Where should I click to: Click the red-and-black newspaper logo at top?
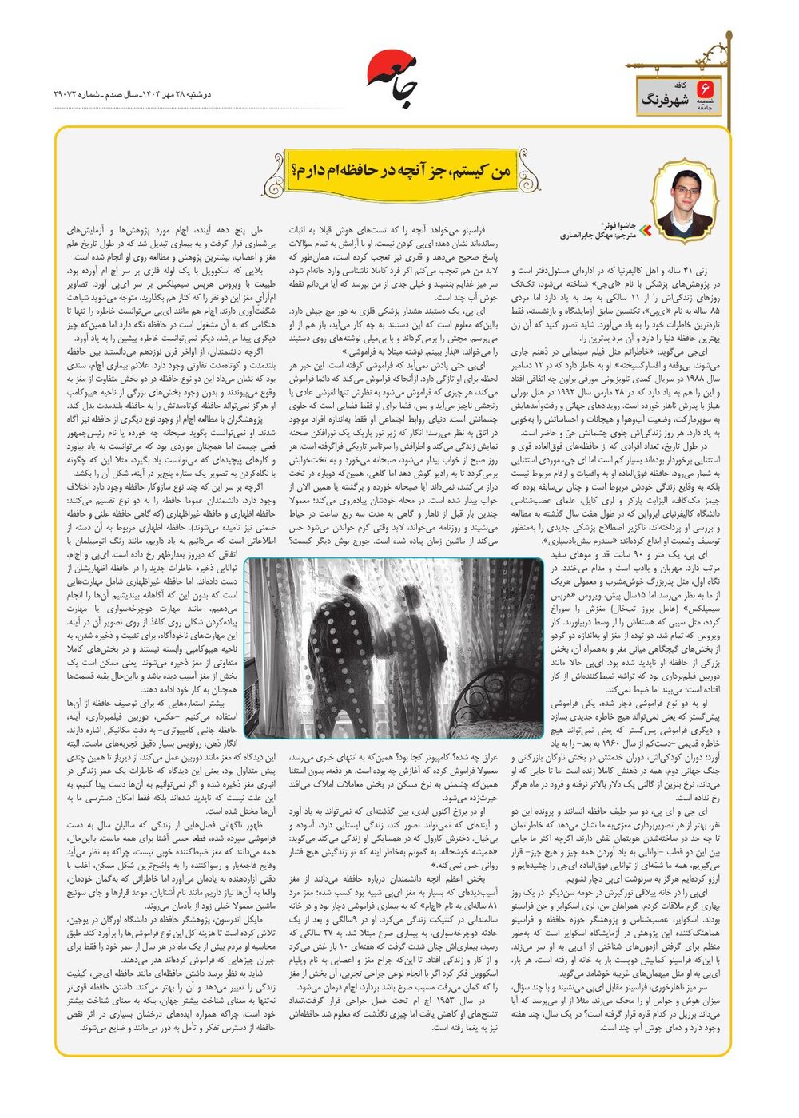coord(393,78)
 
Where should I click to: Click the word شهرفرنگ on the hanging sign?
coord(667,101)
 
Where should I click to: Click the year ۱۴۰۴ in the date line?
coord(149,93)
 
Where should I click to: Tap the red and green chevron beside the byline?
coord(647,231)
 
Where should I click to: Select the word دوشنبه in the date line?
coord(197,93)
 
